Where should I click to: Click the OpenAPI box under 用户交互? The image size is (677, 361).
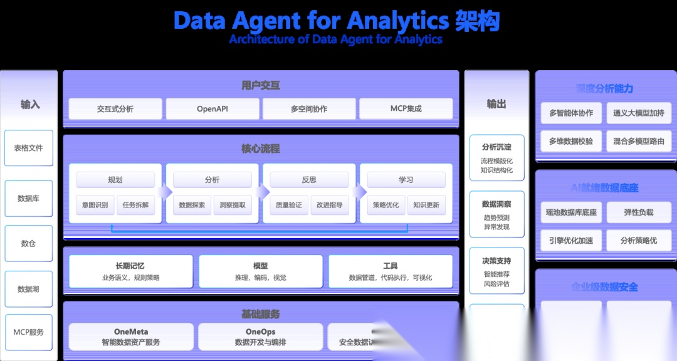[x=213, y=108]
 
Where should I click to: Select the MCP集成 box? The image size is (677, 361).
[x=406, y=108]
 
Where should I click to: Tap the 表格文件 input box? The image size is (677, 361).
[x=29, y=148]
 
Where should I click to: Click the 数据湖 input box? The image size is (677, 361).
[x=29, y=289]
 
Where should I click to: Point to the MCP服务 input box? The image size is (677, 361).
[x=29, y=332]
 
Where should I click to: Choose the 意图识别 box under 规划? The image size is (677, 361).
[x=95, y=205]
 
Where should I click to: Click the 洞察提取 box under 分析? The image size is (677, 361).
[x=233, y=205]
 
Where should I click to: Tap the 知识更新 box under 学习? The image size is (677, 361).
[x=426, y=205]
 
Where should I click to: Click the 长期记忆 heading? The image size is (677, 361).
[x=130, y=266]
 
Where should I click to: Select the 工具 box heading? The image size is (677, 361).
[x=390, y=266]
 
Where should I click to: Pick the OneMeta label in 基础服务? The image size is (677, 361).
[x=131, y=332]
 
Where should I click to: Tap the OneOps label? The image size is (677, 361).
[x=260, y=332]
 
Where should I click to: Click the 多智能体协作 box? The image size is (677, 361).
[x=571, y=113]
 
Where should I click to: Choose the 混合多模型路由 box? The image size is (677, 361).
[x=638, y=142]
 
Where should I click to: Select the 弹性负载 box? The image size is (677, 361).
[x=638, y=212]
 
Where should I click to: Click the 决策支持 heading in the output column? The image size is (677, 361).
[x=496, y=261]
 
